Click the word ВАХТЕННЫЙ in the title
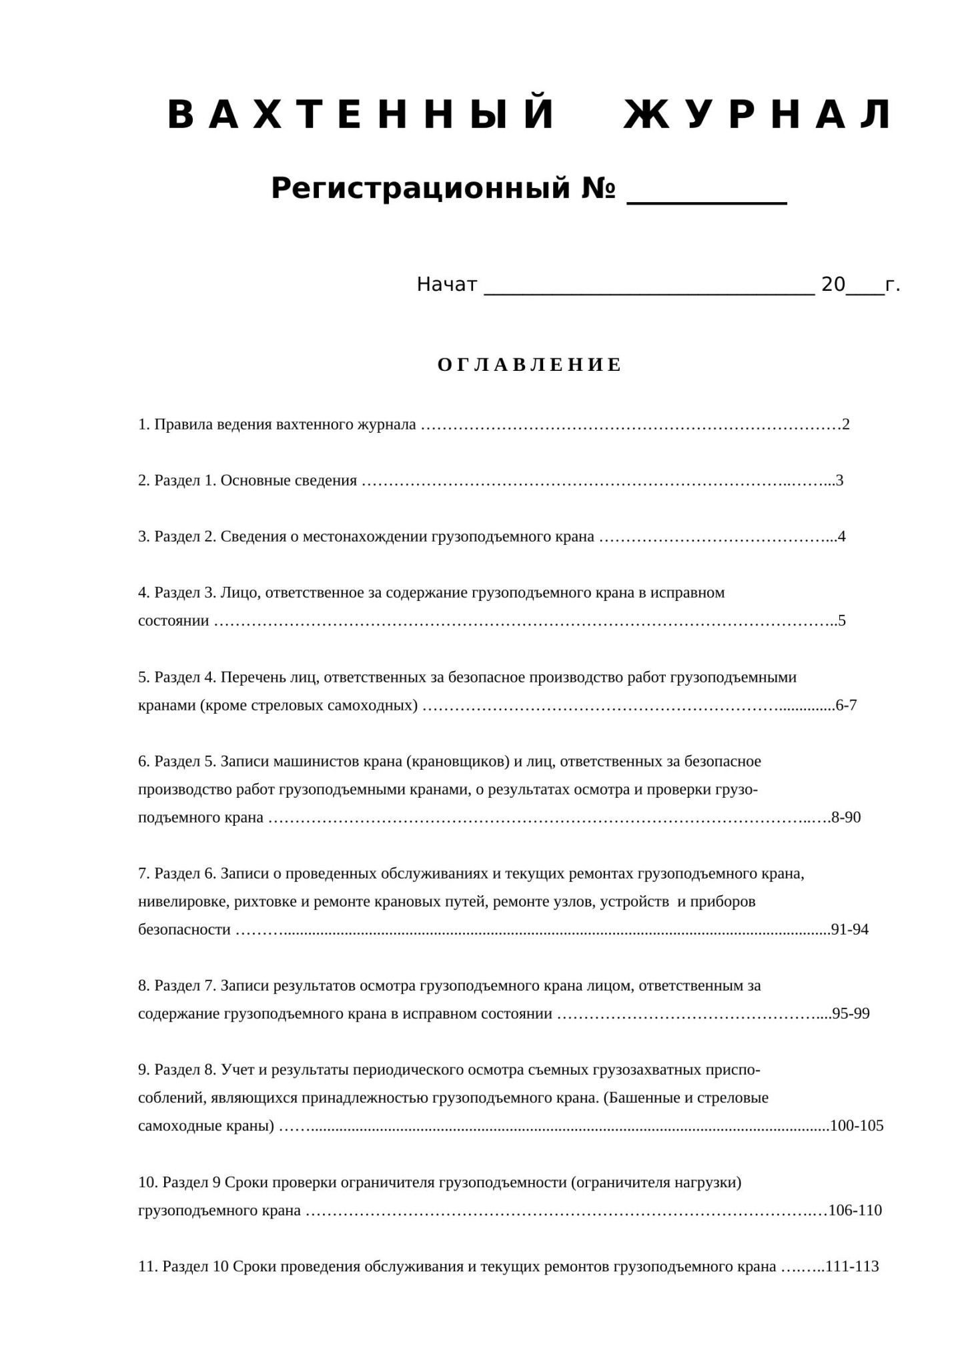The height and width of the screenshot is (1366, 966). tap(361, 115)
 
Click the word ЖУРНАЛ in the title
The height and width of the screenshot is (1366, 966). tap(758, 115)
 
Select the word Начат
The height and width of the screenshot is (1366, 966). tap(447, 285)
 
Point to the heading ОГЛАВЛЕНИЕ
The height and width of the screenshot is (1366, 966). tap(530, 365)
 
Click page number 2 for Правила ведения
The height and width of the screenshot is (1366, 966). tap(846, 424)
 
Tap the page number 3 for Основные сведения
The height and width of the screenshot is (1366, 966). tap(840, 480)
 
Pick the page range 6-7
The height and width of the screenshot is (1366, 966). tap(846, 705)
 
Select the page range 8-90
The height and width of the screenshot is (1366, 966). tap(846, 818)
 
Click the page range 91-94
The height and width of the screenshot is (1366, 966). tap(850, 930)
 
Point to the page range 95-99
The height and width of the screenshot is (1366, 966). tap(851, 1014)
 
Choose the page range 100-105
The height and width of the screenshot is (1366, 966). tap(857, 1126)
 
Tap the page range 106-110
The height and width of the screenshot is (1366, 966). tap(855, 1211)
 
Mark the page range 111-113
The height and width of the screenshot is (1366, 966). tap(853, 1267)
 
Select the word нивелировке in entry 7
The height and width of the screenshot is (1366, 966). tap(183, 902)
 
